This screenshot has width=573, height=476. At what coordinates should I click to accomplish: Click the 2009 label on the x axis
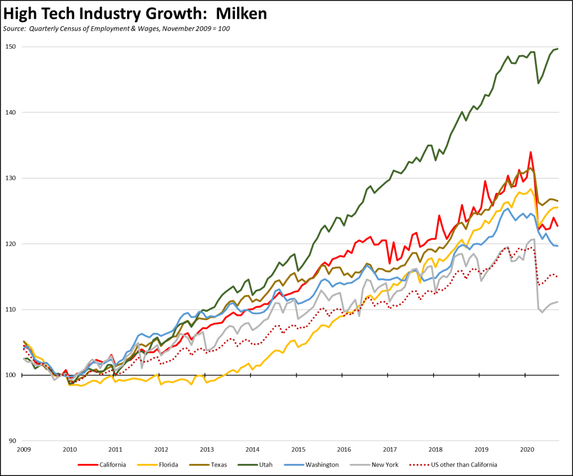pos(24,450)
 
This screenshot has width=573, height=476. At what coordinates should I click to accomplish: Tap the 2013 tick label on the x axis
pos(206,450)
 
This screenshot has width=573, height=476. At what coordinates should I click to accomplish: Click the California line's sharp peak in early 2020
pos(531,152)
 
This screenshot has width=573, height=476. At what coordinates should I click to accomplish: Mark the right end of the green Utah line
pos(558,49)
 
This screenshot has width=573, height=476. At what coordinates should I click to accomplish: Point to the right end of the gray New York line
pos(558,302)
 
